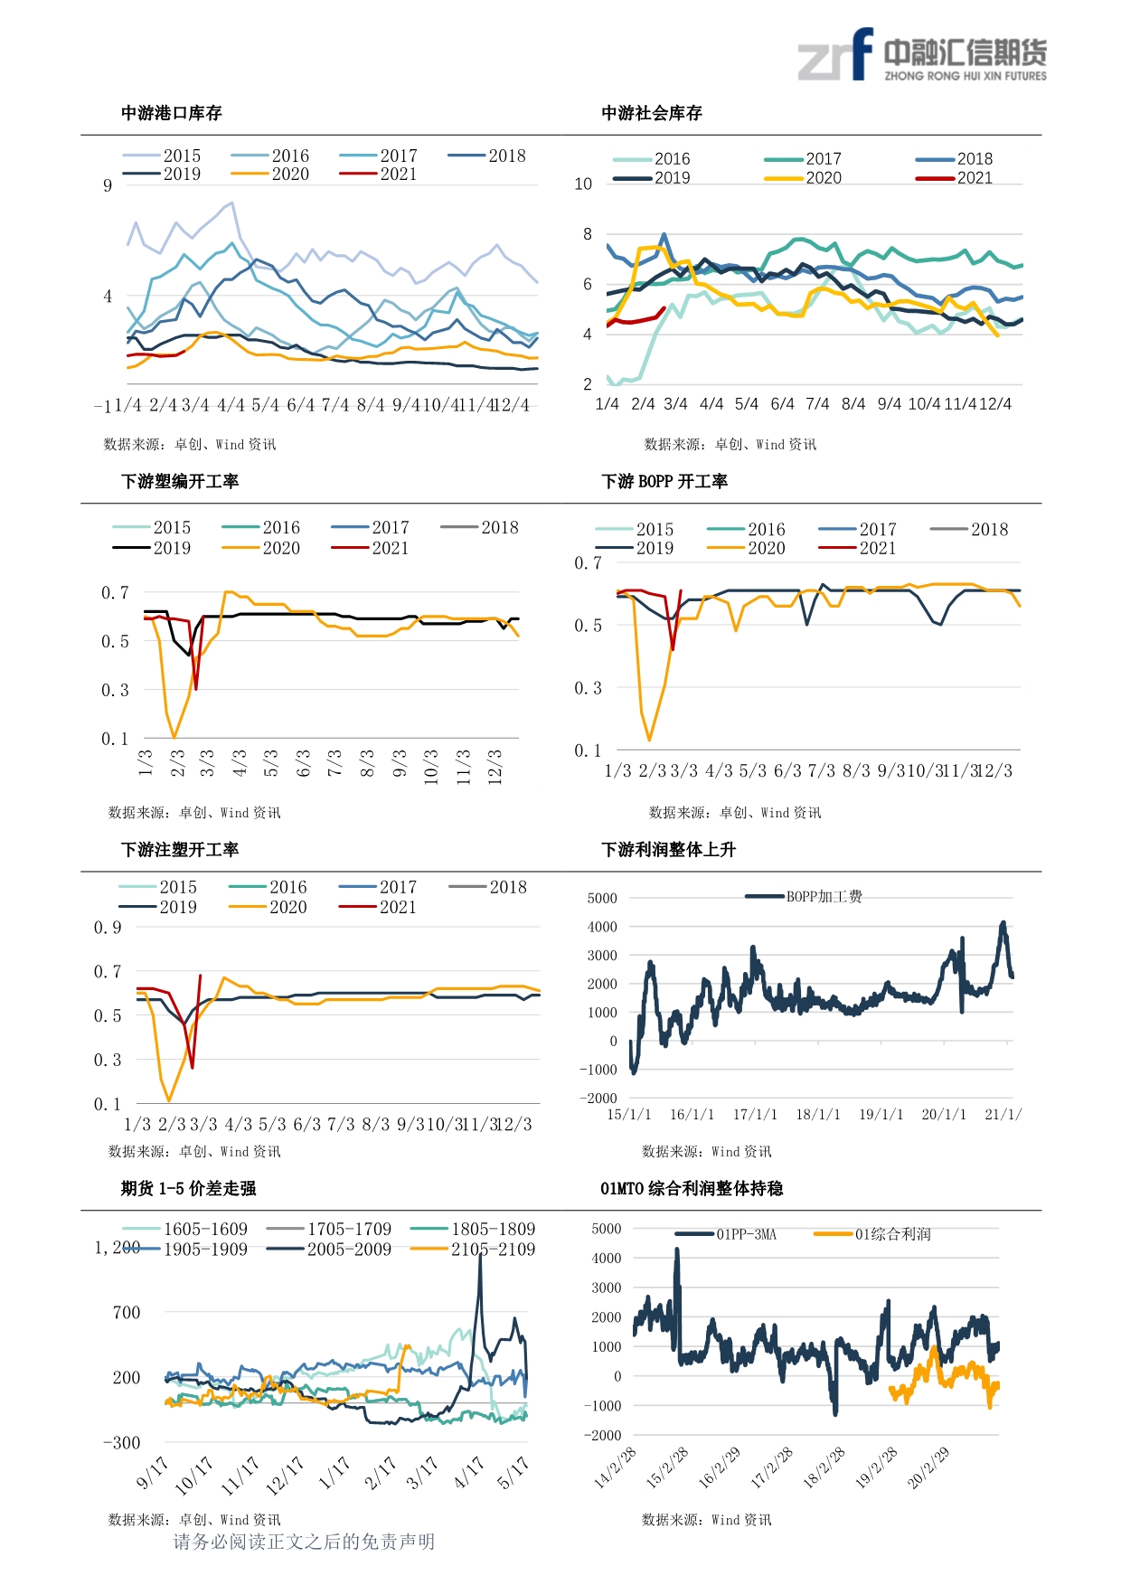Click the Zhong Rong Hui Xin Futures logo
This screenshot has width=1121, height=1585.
[x=921, y=56]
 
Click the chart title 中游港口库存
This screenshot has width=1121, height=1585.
[x=172, y=113]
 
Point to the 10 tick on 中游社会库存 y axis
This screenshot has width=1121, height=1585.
[x=583, y=184]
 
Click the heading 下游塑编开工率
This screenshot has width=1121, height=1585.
[x=180, y=481]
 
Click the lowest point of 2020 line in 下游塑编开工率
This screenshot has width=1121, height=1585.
[x=174, y=738]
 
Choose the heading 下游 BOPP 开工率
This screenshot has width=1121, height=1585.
[x=664, y=481]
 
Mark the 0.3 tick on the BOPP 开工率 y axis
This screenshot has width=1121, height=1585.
[x=588, y=688]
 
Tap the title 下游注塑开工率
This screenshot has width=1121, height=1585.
[x=180, y=850]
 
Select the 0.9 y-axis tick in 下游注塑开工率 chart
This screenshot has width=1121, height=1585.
[x=108, y=928]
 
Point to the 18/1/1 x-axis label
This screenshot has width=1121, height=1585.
[x=817, y=1115]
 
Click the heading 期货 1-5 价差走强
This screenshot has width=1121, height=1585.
[x=189, y=1188]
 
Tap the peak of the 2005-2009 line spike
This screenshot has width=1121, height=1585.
[x=480, y=1254]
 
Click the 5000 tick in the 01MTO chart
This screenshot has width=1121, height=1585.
[x=607, y=1229]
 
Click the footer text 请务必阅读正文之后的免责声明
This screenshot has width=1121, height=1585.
[x=304, y=1542]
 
